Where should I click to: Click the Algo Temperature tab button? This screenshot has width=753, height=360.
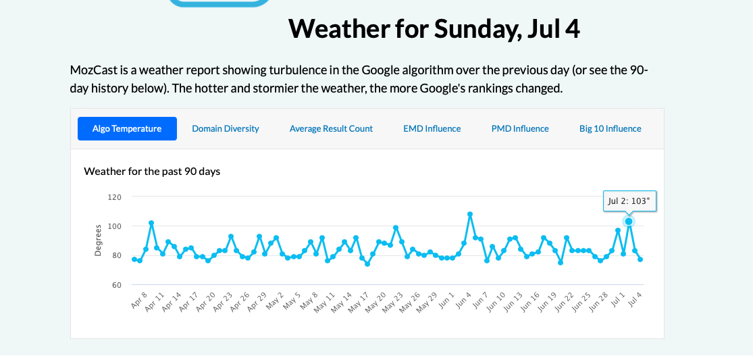tap(127, 128)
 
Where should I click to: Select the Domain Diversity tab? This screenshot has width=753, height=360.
tap(225, 128)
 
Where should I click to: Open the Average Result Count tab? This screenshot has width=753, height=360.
tap(331, 128)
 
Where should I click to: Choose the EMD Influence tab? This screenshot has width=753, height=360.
tap(432, 128)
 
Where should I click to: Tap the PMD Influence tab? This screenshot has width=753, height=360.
tap(520, 128)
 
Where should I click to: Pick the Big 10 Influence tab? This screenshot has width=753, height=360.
tap(610, 128)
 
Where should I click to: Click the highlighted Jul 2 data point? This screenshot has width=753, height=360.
tap(629, 222)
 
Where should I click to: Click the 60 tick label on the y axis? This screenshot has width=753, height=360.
tap(115, 285)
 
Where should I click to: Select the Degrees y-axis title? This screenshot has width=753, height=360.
tap(97, 241)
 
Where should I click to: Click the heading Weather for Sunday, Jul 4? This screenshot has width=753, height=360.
tap(434, 29)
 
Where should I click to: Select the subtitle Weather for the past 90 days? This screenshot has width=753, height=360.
tap(152, 172)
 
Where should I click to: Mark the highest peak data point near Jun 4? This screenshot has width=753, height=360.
tap(470, 214)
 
